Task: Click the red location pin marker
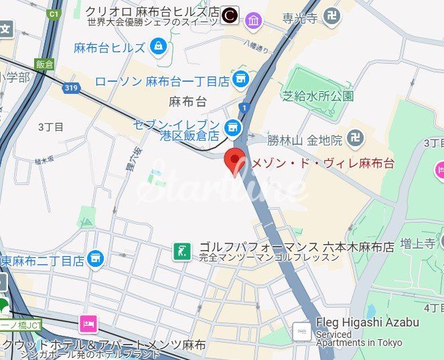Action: coord(234,160)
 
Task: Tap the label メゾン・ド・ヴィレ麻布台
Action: coord(321,163)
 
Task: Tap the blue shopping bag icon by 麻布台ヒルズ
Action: coord(158,47)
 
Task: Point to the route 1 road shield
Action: coord(245,107)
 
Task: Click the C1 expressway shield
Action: coord(54,13)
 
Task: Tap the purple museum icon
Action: coord(253,20)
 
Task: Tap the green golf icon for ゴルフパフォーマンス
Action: coord(180,251)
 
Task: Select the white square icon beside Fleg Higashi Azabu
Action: coord(301,331)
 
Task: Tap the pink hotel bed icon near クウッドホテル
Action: coord(88,324)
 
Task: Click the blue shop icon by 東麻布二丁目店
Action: coord(96,257)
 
